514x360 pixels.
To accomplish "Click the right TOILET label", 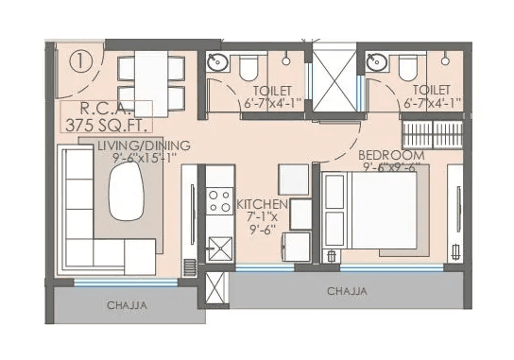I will (431, 97).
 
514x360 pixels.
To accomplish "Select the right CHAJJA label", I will (347, 291).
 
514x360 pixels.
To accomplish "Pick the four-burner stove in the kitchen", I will (220, 201).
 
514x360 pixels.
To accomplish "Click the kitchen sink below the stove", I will (220, 249).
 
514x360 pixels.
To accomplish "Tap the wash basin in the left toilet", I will (216, 63).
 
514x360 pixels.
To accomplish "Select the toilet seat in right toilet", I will (408, 68).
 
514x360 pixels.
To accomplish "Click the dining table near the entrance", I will (150, 77).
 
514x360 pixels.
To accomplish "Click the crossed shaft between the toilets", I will (334, 80).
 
